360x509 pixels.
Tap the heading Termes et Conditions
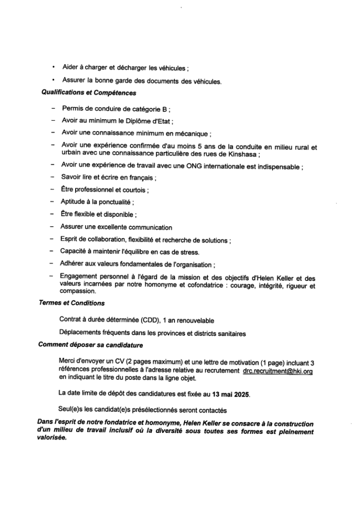coord(72,303)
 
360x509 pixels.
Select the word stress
coord(190,252)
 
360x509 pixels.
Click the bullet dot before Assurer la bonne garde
coord(53,80)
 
